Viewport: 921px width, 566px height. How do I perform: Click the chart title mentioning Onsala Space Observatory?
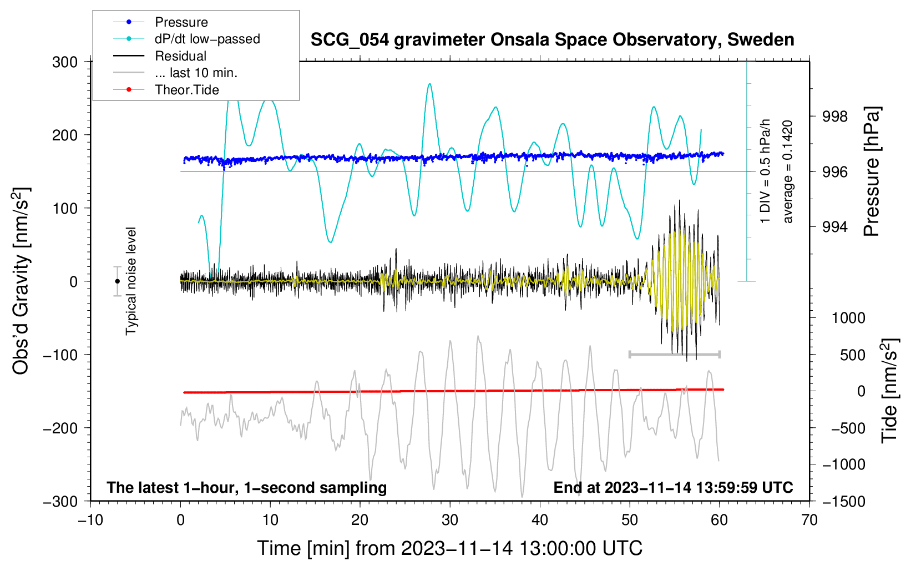point(552,40)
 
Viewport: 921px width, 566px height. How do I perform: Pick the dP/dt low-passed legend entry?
point(207,39)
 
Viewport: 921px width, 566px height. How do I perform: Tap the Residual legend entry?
point(180,56)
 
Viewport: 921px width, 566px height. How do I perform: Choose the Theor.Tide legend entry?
point(186,90)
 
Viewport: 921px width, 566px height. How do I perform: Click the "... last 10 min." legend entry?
point(196,73)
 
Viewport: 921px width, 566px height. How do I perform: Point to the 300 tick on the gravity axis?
point(65,62)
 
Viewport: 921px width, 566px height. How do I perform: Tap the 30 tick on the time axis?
point(450,520)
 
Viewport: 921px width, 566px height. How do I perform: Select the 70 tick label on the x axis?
point(809,520)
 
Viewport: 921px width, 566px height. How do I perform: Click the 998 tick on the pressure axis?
point(835,117)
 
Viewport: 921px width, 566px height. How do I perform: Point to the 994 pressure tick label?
point(835,227)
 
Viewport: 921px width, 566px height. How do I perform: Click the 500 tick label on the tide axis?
point(852,355)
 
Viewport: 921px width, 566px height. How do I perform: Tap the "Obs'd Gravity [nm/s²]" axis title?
point(21,281)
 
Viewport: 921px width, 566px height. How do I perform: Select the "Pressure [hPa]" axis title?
point(872,172)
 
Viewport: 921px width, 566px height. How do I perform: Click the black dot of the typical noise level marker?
point(117,281)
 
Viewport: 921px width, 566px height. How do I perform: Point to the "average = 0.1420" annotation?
point(787,172)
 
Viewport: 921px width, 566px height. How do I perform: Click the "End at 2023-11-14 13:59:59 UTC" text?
point(673,488)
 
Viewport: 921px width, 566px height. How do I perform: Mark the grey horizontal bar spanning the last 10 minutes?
point(674,354)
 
